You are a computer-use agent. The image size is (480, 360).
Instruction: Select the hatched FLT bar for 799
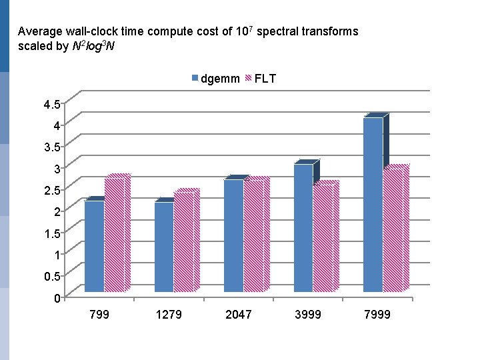click(x=114, y=235)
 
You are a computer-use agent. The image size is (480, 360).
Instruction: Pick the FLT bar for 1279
click(x=183, y=241)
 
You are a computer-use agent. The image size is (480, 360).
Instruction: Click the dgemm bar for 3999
click(x=303, y=227)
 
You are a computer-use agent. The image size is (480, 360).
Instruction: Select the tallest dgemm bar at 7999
click(x=373, y=204)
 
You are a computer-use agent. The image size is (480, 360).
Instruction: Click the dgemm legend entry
click(x=216, y=79)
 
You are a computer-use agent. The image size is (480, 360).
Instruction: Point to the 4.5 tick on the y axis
click(x=51, y=104)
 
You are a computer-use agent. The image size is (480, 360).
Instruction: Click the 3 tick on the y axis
click(x=57, y=168)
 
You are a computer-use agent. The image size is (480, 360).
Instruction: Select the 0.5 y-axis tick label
click(x=51, y=276)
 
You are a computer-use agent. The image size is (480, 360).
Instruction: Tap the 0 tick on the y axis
click(x=57, y=297)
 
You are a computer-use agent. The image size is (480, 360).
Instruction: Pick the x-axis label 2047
click(x=239, y=314)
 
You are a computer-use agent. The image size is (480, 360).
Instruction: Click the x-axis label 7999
click(x=377, y=314)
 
